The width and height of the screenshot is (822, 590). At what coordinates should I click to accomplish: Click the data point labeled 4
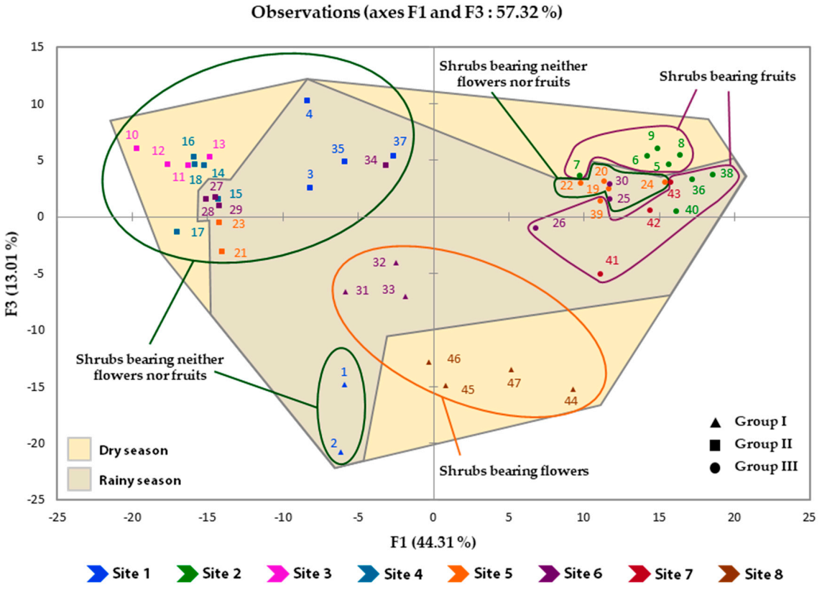point(307,101)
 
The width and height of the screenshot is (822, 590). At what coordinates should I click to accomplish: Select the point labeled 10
point(137,148)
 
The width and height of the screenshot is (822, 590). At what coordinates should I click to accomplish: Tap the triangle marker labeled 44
point(573,390)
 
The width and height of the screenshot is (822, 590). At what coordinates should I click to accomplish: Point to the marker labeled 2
point(341,452)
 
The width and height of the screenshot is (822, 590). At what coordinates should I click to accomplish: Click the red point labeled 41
point(600,274)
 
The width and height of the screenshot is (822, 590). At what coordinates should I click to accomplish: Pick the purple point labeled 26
point(535,228)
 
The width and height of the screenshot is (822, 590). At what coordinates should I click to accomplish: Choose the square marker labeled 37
point(393,155)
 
